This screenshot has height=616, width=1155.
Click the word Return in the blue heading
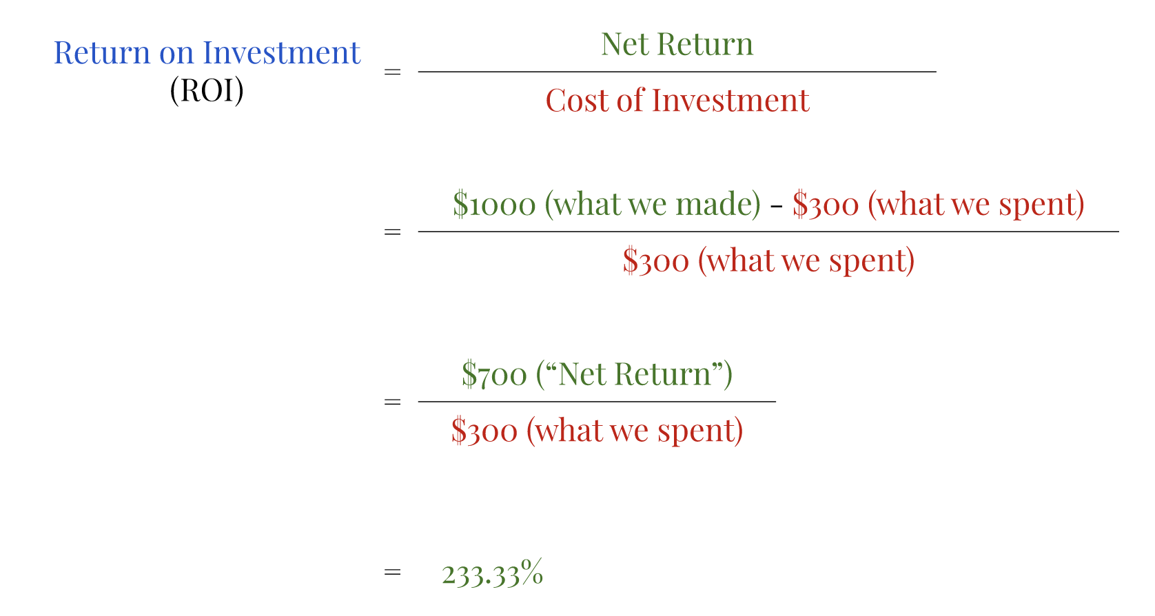point(102,53)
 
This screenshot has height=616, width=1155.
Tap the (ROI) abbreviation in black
point(207,90)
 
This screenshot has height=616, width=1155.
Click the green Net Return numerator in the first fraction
point(677,45)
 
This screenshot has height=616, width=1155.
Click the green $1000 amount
point(494,205)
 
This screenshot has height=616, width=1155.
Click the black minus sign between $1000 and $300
point(776,206)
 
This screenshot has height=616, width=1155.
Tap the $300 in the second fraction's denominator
point(655,261)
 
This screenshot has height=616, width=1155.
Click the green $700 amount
point(494,374)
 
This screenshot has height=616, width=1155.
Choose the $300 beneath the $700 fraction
point(484,431)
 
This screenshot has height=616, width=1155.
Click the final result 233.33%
point(492,573)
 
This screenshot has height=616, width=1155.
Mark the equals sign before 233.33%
point(392,572)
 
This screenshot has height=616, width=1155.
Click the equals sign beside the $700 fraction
point(392,402)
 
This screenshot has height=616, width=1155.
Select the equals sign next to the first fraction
point(392,72)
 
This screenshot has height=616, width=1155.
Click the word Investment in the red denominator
point(730,101)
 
